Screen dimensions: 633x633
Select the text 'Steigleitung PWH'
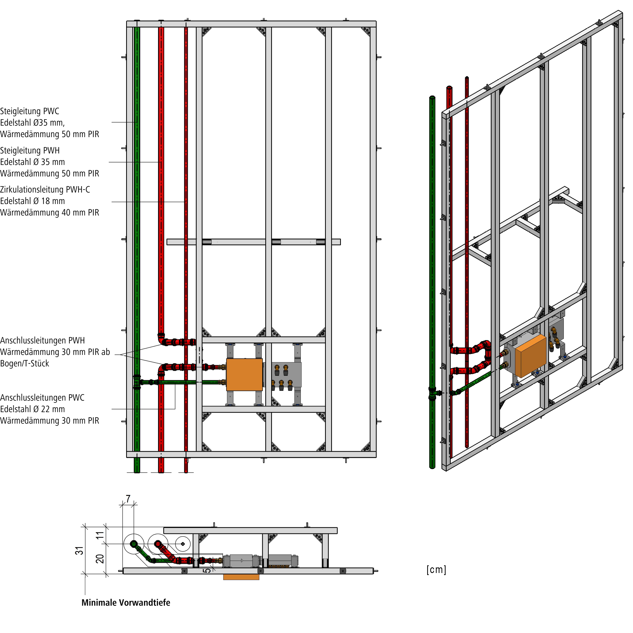point(30,151)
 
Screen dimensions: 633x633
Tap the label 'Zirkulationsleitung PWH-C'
point(45,190)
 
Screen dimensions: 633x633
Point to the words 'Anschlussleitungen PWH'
point(42,341)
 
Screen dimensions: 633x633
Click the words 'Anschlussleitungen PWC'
point(42,398)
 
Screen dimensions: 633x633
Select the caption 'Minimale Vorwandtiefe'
point(126,603)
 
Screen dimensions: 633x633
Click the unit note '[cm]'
point(436,570)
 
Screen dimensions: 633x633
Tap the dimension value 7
point(128,499)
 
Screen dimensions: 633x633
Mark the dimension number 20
point(100,559)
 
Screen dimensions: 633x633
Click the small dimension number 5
point(207,570)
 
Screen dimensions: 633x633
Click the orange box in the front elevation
point(244,375)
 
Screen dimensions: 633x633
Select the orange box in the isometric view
point(531,355)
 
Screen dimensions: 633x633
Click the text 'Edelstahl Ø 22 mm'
point(32,409)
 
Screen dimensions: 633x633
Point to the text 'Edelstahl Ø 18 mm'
point(32,201)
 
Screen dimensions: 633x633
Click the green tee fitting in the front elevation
point(137,382)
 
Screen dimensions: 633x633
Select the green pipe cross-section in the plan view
point(134,544)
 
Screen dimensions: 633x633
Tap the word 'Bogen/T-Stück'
point(25,364)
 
